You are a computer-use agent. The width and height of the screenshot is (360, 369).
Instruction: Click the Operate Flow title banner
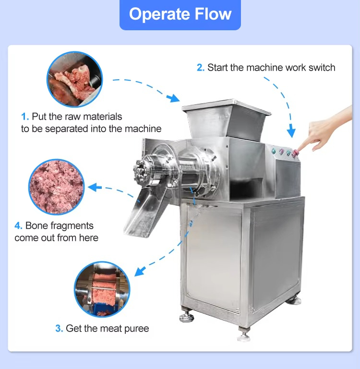pos(180,14)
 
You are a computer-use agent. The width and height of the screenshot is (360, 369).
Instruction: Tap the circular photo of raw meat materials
pos(74,79)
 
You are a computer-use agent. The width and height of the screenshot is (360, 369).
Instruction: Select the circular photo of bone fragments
pos(57,187)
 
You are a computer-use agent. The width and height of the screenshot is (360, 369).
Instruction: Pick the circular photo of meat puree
pos(102,289)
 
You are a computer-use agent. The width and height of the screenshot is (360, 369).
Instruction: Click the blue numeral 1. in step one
pos(25,116)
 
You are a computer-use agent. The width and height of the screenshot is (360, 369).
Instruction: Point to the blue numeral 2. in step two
pos(201,68)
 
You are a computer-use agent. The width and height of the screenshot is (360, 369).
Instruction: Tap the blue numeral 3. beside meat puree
pos(59,329)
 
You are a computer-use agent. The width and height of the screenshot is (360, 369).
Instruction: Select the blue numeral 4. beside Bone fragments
pos(18,226)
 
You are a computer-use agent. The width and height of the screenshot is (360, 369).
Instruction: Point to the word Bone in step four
pos(36,226)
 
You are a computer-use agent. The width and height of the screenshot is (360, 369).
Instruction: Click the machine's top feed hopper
pos(226,119)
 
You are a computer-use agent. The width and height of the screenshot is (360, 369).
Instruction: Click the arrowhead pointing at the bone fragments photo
pos(94,187)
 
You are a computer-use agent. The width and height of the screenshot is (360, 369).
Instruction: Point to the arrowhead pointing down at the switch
pos(291,132)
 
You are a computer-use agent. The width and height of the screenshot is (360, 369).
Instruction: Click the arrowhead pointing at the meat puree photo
pos(140,271)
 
